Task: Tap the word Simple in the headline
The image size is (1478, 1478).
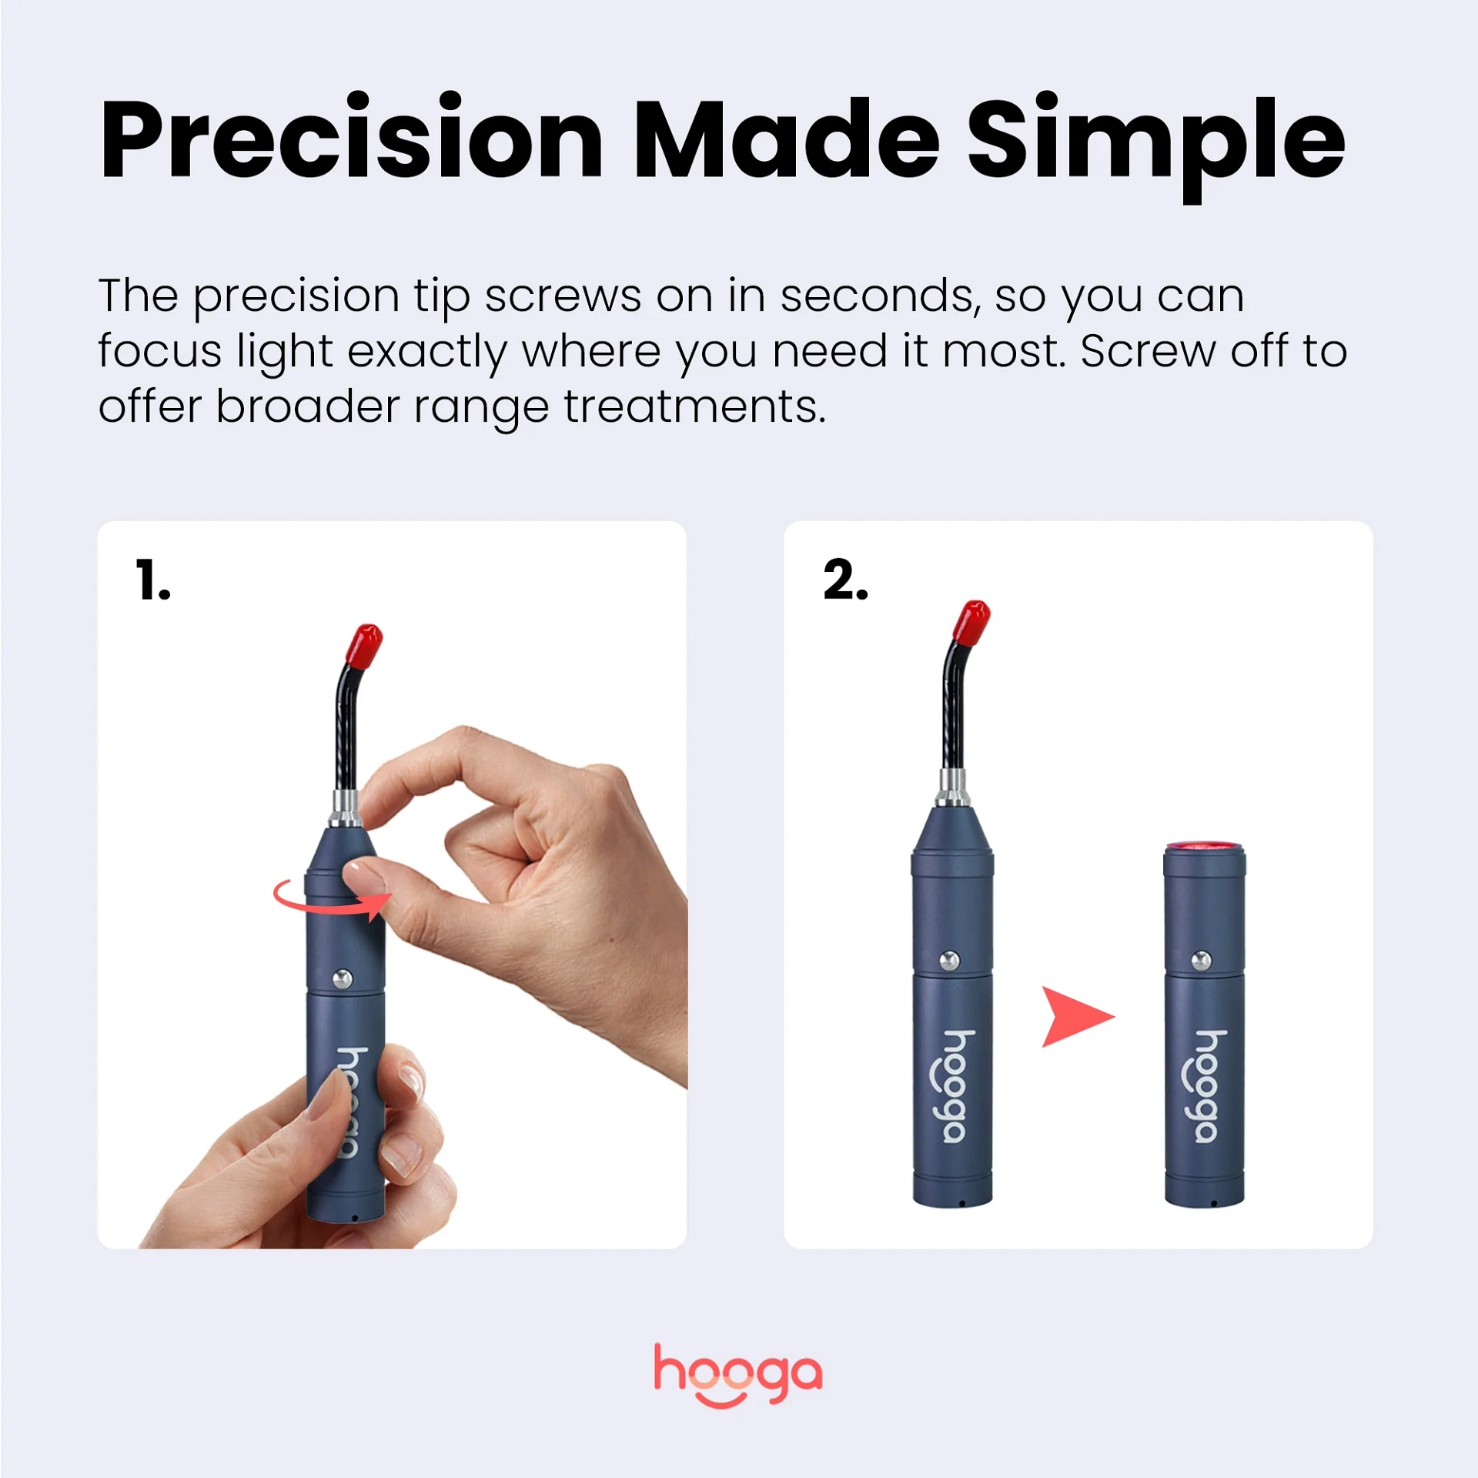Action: click(1155, 142)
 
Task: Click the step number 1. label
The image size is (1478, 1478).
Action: click(152, 580)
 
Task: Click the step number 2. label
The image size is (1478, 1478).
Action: click(845, 580)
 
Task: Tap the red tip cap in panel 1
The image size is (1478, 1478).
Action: click(364, 645)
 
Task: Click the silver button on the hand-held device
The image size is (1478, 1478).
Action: click(343, 979)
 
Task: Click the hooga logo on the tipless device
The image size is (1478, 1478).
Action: click(1209, 1086)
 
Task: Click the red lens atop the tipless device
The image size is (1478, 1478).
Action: click(1204, 847)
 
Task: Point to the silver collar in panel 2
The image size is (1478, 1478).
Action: click(952, 787)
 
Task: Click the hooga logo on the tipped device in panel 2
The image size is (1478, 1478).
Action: click(957, 1086)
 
